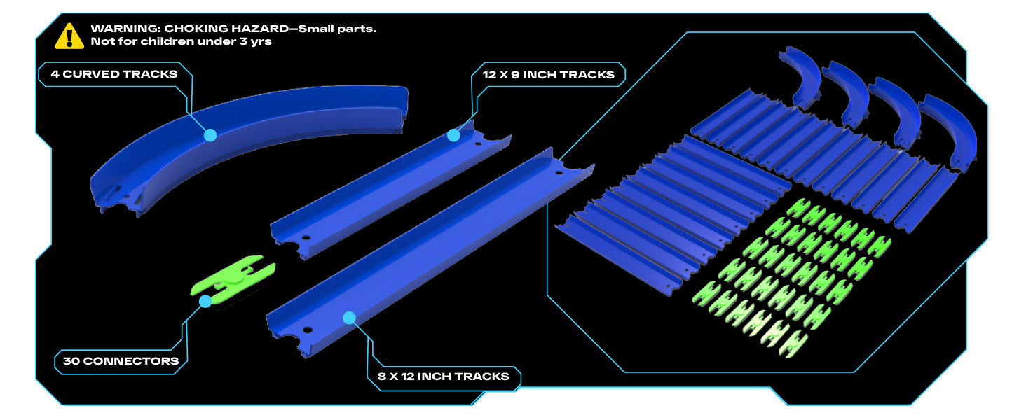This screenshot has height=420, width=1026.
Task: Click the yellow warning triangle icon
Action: coord(69,36)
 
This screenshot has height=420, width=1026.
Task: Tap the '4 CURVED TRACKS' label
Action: coord(114,74)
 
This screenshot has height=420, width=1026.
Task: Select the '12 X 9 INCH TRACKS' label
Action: coord(548,75)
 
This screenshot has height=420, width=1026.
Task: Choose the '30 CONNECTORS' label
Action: coord(121,361)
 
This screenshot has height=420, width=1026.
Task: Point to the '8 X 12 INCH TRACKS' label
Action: coord(444,377)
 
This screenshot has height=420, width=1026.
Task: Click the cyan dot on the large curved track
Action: coord(210,135)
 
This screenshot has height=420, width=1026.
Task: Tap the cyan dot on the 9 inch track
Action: coord(453,135)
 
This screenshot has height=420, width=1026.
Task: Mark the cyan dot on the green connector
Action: coord(205,301)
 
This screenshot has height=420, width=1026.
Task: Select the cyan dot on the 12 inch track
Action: coord(349,318)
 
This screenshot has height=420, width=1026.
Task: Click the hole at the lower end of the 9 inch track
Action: coord(306,238)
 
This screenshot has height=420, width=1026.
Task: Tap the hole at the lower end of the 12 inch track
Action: coord(308,330)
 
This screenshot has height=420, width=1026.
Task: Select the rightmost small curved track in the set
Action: coord(950,130)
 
